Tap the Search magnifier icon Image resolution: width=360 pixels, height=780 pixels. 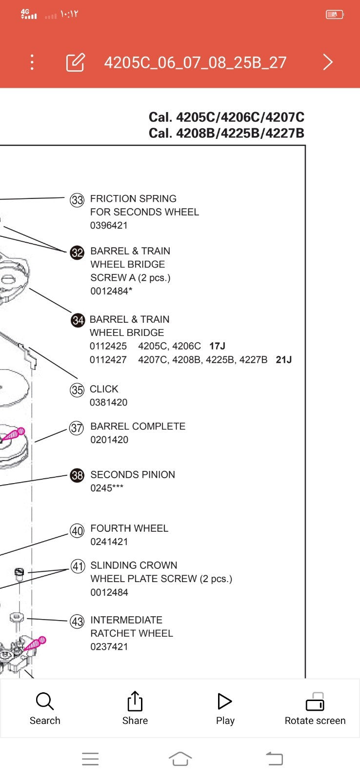click(44, 701)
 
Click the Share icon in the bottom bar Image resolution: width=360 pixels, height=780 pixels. click(135, 701)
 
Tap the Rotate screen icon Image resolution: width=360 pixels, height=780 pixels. click(315, 702)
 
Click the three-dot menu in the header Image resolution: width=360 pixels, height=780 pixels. click(32, 62)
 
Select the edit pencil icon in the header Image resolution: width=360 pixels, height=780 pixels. click(75, 62)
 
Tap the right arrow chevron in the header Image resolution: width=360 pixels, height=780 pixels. click(328, 62)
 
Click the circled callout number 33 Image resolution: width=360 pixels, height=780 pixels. click(77, 200)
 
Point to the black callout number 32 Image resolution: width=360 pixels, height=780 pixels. click(77, 253)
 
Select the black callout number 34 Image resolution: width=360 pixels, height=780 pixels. click(78, 320)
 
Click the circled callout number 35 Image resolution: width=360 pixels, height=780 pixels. click(77, 390)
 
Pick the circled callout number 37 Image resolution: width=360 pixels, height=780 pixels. click(77, 428)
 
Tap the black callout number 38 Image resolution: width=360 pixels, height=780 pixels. click(77, 475)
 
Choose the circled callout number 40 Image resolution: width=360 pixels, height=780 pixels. click(77, 530)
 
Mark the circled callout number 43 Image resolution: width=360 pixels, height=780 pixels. click(77, 622)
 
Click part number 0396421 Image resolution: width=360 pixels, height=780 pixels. click(109, 225)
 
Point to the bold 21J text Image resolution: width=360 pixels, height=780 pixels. click(283, 360)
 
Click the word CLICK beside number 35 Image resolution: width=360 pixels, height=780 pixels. click(104, 389)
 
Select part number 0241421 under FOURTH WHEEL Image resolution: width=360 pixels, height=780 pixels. click(109, 542)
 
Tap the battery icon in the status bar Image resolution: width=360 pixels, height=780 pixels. click(335, 15)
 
